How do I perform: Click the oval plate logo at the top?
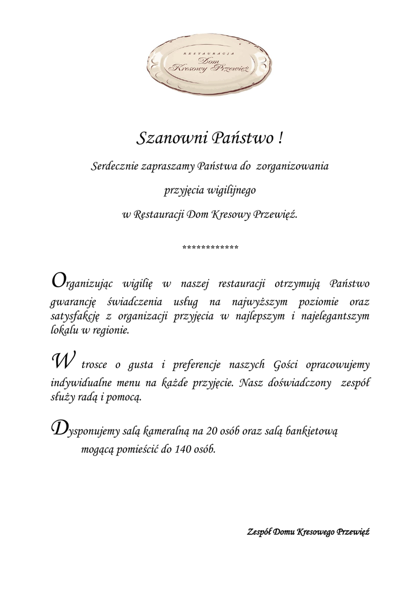pyautogui.click(x=209, y=63)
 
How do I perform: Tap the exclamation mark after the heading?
pyautogui.click(x=280, y=139)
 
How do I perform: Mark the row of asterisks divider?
pyautogui.click(x=210, y=248)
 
